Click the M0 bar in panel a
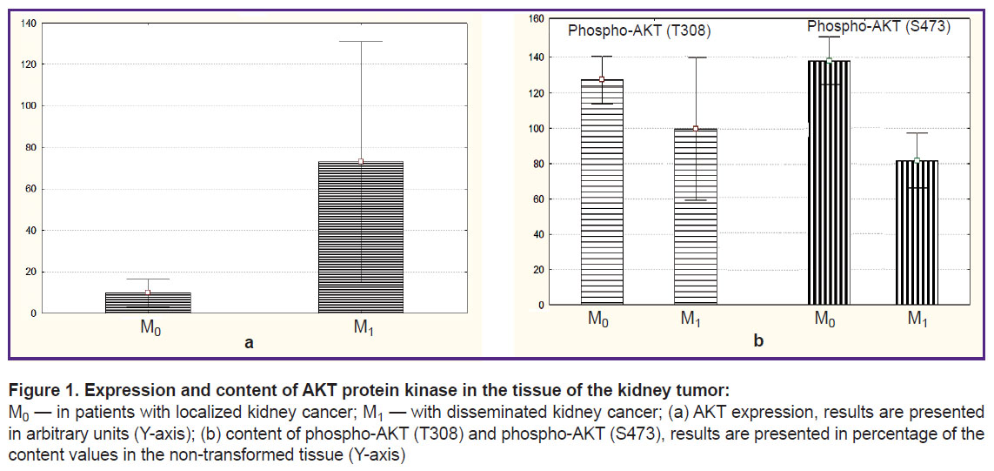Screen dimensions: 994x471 pyautogui.click(x=148, y=303)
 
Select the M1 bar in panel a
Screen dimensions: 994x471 pyautogui.click(x=361, y=238)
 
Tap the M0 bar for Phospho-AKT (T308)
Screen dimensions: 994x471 pyautogui.click(x=603, y=192)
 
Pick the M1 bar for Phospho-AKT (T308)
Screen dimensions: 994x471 pyautogui.click(x=696, y=217)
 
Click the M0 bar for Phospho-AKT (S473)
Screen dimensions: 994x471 pyautogui.click(x=829, y=183)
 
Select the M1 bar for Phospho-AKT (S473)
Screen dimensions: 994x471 pyautogui.click(x=917, y=232)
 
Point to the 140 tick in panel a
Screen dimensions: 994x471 pyautogui.click(x=30, y=23)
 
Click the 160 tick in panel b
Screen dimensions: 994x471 pyautogui.click(x=537, y=19)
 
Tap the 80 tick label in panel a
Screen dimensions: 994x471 pyautogui.click(x=31, y=147)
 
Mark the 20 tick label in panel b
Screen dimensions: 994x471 pyautogui.click(x=539, y=269)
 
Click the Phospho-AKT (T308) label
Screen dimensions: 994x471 pyautogui.click(x=639, y=30)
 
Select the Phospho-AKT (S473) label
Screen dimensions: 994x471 pyautogui.click(x=878, y=27)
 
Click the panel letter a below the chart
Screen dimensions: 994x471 pyautogui.click(x=249, y=343)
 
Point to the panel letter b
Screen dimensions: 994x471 pyautogui.click(x=758, y=341)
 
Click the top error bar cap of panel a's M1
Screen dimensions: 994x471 pyautogui.click(x=361, y=41)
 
